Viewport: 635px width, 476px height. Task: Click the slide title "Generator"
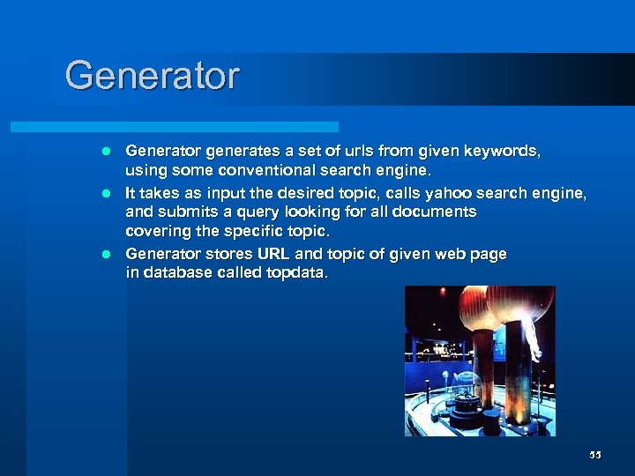[x=152, y=76]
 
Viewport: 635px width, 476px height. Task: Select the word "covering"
[x=157, y=231]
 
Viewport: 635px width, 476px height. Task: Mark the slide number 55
[x=595, y=455]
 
